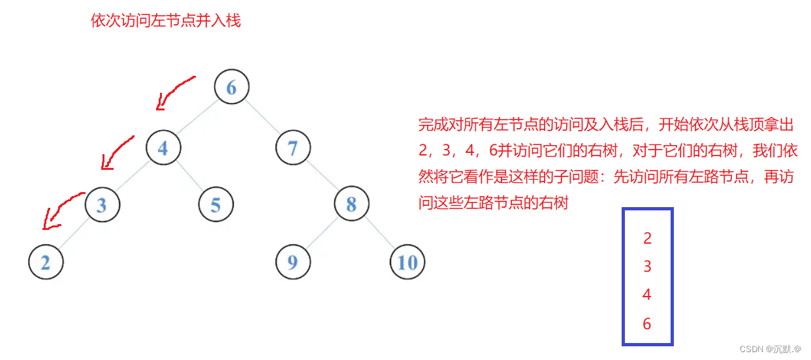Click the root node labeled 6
231,87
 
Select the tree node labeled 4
163,148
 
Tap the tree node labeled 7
293,148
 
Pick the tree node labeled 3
101,205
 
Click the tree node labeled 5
215,205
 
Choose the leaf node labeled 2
46,262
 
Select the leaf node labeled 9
293,262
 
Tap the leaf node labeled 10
407,262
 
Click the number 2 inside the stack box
647,238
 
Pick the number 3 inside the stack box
647,267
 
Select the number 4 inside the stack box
647,295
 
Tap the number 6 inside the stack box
647,323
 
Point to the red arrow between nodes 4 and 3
116,152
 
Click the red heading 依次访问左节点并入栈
166,21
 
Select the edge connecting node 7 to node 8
322,176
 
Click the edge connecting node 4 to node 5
189,176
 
